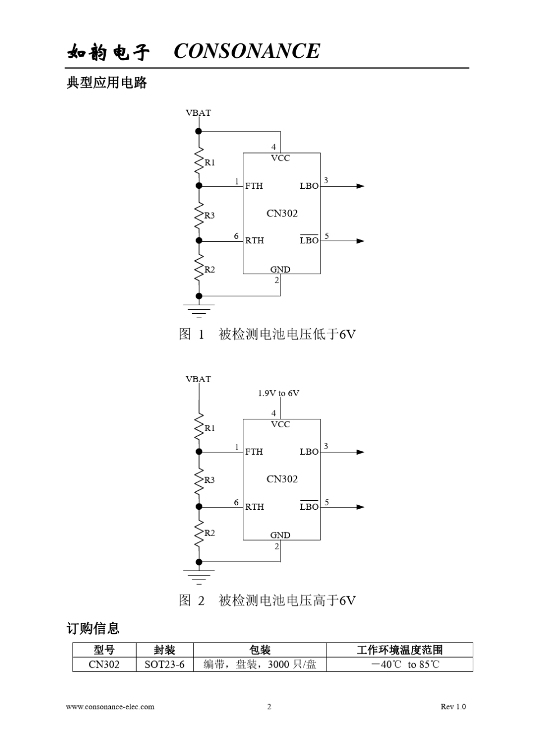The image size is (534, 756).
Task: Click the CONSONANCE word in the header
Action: tap(247, 51)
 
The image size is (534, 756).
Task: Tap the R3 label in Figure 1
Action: tap(210, 215)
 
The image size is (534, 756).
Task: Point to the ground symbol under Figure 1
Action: tap(198, 310)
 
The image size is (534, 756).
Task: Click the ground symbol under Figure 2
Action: tap(198, 576)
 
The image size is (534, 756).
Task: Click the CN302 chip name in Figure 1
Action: tap(282, 213)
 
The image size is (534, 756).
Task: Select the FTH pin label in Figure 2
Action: tap(254, 451)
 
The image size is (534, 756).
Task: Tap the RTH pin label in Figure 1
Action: tap(254, 241)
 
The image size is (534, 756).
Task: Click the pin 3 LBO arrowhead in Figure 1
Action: tap(360, 186)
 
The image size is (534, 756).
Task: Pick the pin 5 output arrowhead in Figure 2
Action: tap(360, 507)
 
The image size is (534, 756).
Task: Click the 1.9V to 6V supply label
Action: tap(278, 393)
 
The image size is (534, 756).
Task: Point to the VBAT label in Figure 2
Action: tap(198, 379)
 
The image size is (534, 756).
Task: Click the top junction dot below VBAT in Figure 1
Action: tap(198, 131)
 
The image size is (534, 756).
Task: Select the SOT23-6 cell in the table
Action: tap(164, 664)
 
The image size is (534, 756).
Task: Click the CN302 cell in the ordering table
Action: tap(104, 664)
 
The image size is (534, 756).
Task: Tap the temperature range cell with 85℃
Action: tap(400, 664)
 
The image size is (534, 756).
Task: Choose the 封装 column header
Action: tap(164, 650)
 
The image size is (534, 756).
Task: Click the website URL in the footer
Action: tap(110, 707)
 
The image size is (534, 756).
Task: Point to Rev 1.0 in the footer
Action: tap(453, 707)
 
